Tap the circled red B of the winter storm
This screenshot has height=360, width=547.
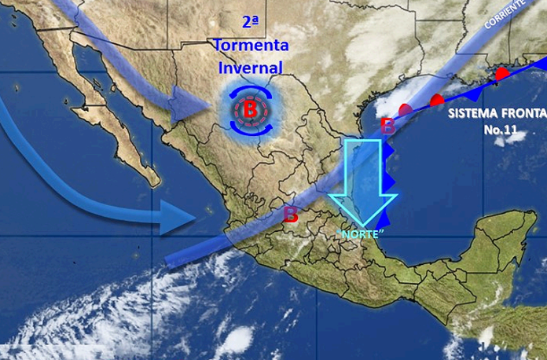(250, 110)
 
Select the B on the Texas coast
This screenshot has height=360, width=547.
(387, 126)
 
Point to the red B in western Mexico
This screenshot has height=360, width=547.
(290, 215)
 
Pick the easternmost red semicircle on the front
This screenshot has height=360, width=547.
(501, 73)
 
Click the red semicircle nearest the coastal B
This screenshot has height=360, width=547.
(406, 109)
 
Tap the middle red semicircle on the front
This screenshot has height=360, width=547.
(437, 100)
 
